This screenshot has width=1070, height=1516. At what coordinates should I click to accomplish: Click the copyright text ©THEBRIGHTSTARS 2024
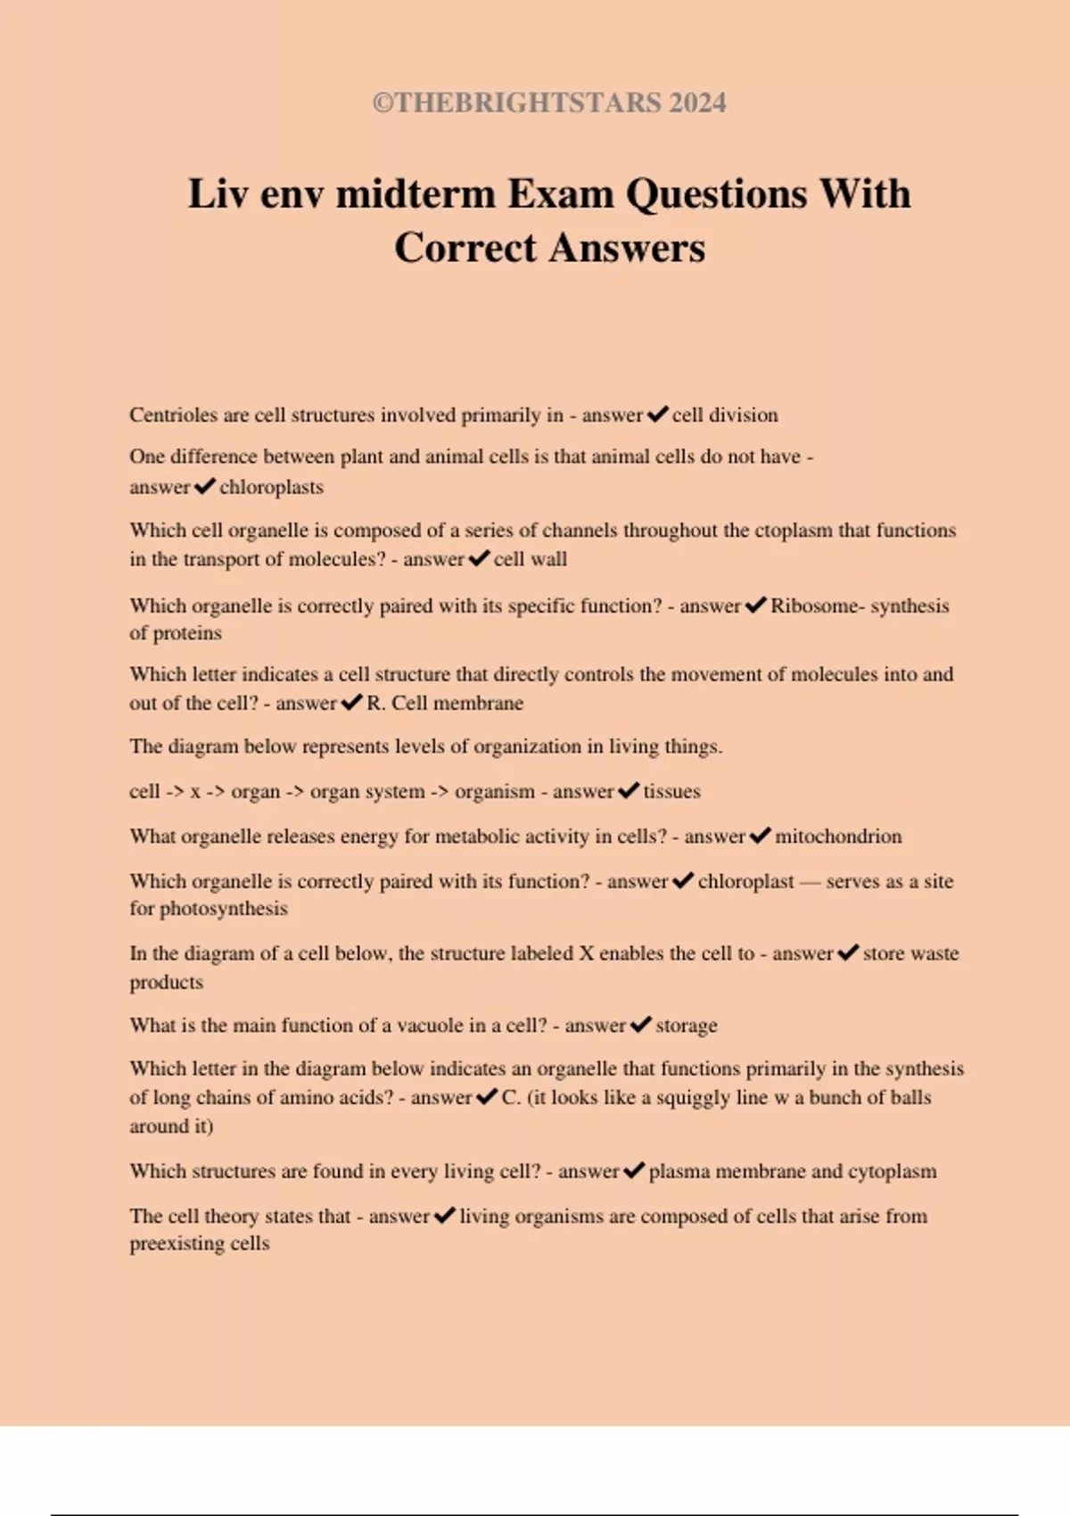pos(549,103)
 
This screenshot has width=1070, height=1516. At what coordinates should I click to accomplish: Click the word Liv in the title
pos(217,194)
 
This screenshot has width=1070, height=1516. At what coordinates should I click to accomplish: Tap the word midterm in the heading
pos(415,194)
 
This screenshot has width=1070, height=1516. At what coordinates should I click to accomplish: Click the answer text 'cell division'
pos(724,415)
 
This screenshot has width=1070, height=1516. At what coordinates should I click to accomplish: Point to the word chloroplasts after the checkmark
pos(271,487)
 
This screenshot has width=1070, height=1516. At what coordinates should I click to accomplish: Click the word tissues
pos(671,791)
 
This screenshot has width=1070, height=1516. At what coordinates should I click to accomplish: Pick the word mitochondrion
pos(838,836)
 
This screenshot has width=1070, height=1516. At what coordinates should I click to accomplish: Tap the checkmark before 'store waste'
pos(848,952)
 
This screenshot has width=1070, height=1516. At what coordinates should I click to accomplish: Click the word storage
pos(686,1026)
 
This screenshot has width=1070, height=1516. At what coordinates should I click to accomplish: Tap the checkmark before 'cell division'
pos(658,415)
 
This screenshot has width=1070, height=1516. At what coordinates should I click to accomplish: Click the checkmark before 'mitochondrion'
pos(760,836)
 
